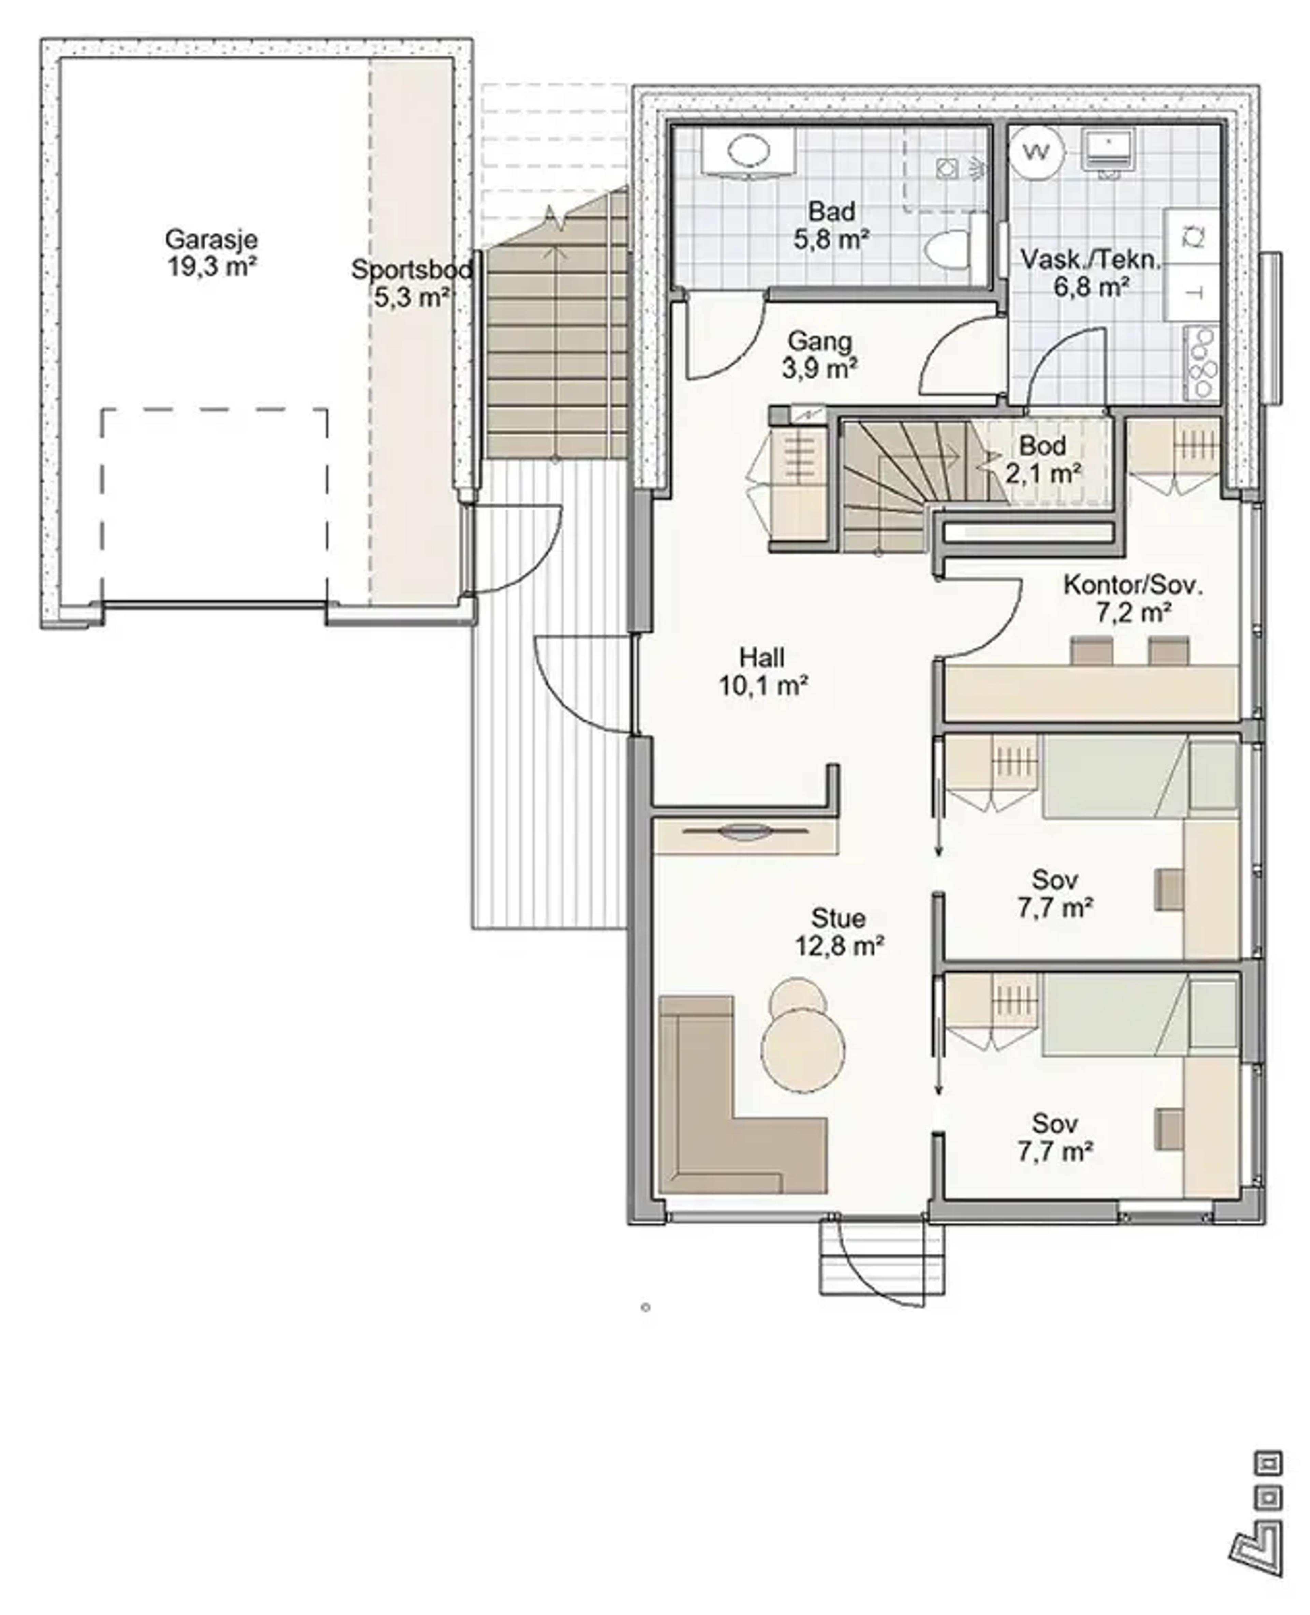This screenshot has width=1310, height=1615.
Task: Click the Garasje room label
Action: coord(211,240)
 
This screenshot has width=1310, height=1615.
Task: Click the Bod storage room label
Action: coord(1042,446)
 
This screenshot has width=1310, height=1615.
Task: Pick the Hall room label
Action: coord(762,657)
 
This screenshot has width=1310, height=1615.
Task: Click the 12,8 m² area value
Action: coord(839,945)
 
